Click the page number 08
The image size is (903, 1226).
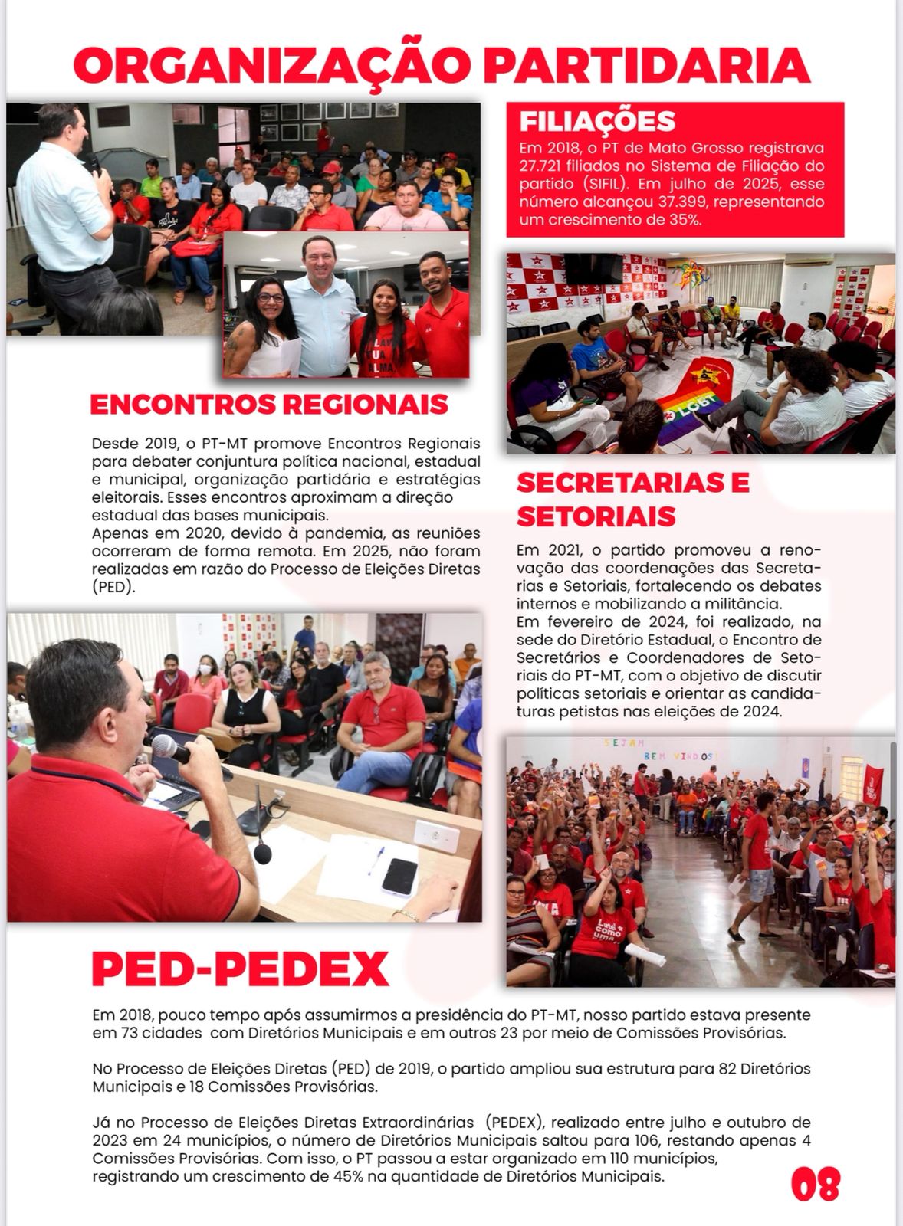click(815, 1184)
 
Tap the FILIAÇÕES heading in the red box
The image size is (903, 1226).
click(597, 121)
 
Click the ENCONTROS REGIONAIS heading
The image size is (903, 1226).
click(269, 405)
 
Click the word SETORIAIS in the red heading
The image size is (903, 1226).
click(596, 516)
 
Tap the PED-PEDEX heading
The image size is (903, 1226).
click(240, 969)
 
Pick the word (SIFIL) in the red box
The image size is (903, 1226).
click(609, 184)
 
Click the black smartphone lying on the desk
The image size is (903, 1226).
click(399, 876)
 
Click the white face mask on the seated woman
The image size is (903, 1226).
click(205, 669)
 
